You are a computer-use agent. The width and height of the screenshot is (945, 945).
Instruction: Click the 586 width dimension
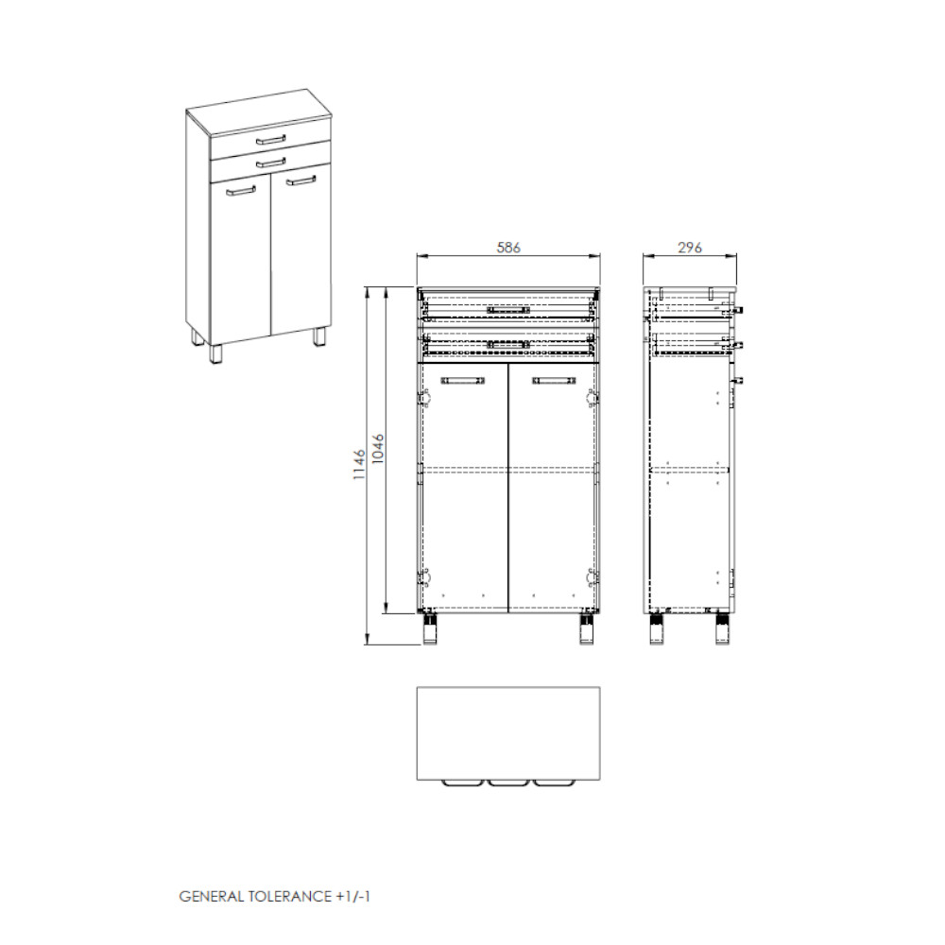coord(508,248)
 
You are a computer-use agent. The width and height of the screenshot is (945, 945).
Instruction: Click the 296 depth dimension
coord(690,248)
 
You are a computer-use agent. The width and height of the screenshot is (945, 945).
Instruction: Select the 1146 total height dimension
coord(360,464)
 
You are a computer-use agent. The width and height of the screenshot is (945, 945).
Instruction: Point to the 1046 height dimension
coord(378,449)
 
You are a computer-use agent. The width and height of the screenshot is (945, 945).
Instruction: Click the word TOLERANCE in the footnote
coord(289,896)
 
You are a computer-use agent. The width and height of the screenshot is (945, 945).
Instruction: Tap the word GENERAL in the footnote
coord(212,896)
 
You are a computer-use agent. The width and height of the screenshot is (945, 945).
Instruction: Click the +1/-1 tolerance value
coord(352,896)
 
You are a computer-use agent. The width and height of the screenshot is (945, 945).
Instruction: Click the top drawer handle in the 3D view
coord(270,140)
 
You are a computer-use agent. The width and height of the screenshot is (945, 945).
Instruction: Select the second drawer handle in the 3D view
coord(270,163)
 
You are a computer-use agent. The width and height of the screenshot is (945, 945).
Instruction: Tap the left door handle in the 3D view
coord(241,191)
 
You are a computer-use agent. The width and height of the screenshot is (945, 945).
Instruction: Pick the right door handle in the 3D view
coord(301,180)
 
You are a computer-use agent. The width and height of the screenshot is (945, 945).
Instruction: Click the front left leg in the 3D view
coord(215,353)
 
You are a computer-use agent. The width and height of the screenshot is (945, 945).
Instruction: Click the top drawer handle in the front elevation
coord(508,310)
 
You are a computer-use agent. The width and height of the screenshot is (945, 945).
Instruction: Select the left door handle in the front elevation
coord(463,380)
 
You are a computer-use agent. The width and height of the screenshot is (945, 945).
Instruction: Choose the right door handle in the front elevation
coord(553,380)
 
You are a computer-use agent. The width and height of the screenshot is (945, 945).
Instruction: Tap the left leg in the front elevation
coord(430,629)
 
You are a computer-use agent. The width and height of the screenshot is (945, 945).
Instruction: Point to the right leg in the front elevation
coord(587,629)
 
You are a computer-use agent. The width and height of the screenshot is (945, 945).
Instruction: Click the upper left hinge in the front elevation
coord(425,398)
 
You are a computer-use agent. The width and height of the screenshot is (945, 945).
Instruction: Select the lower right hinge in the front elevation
coord(592,578)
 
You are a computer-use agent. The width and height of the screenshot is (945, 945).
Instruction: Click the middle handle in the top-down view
coord(508,783)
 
